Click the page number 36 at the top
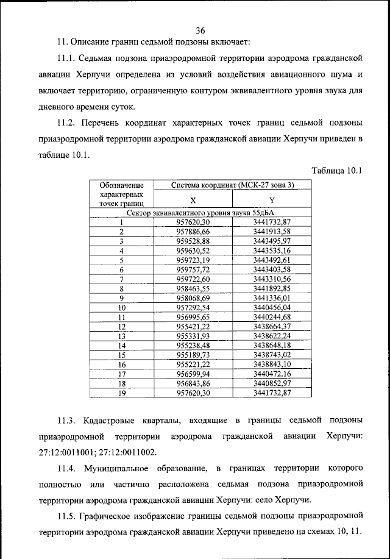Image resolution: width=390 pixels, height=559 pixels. pyautogui.click(x=200, y=31)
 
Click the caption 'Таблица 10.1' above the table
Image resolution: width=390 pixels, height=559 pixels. pyautogui.click(x=336, y=170)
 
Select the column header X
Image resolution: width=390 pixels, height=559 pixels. pyautogui.click(x=193, y=200)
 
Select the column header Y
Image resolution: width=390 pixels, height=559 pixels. pyautogui.click(x=272, y=200)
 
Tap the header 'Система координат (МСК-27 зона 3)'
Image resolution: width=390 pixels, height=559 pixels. pyautogui.click(x=232, y=185)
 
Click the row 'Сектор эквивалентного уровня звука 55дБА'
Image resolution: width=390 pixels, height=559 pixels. pyautogui.click(x=196, y=213)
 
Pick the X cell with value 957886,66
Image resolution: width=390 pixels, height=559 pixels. pyautogui.click(x=193, y=232)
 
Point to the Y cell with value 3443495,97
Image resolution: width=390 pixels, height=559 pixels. pyautogui.click(x=272, y=241)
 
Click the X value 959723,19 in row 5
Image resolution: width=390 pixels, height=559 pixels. pyautogui.click(x=193, y=260)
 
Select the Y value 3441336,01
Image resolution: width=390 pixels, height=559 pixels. pyautogui.click(x=272, y=297)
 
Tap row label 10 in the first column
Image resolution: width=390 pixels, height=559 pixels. pyautogui.click(x=121, y=307)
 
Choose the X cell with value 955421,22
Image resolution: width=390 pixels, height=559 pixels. pyautogui.click(x=193, y=326)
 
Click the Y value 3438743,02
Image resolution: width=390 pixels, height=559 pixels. pyautogui.click(x=272, y=354)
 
